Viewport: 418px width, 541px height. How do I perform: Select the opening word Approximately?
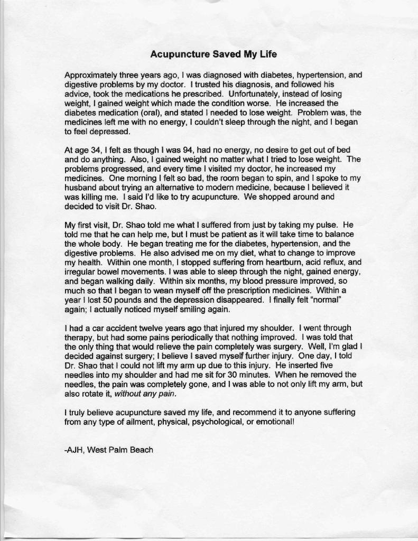click(x=88, y=75)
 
